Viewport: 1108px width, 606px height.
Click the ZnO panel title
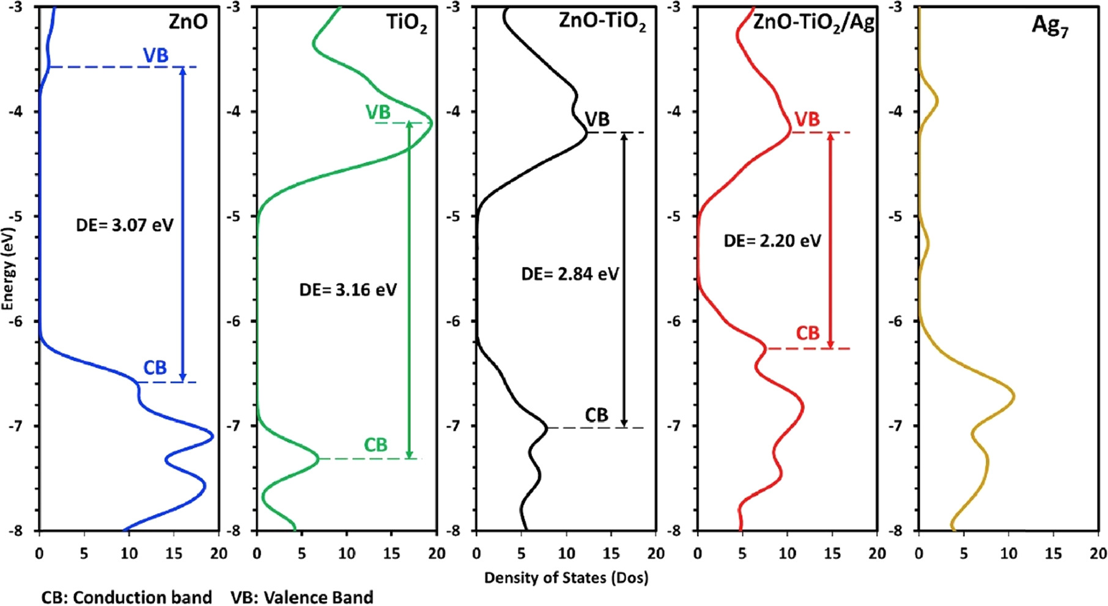click(x=188, y=22)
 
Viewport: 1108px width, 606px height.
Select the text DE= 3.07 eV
click(x=125, y=225)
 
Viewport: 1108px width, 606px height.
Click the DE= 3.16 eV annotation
click(x=348, y=289)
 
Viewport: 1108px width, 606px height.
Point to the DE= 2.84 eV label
click(x=570, y=274)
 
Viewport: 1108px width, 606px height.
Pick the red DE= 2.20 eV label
click(x=772, y=241)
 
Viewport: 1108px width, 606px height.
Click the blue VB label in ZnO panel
click(x=156, y=56)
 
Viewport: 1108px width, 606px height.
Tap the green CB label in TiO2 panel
click(x=375, y=445)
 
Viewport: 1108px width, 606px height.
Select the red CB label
click(x=807, y=333)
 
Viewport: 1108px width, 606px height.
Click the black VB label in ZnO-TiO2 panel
click(x=597, y=119)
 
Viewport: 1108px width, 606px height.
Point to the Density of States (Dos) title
click(x=566, y=577)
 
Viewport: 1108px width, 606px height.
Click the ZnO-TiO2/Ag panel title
click(x=813, y=23)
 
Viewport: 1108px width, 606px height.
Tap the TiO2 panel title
click(x=407, y=23)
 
